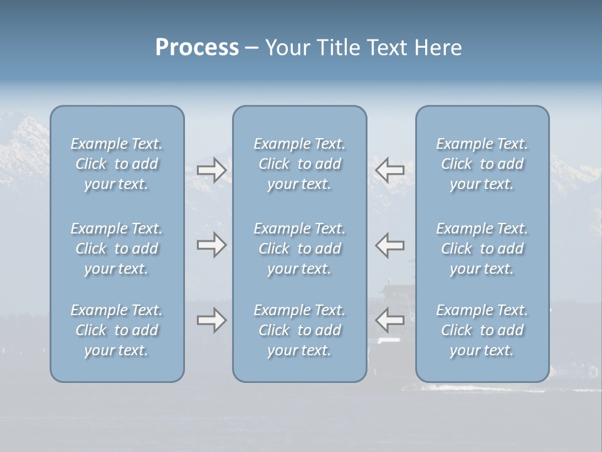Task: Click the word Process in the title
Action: [x=197, y=48]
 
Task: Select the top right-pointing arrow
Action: [x=211, y=169]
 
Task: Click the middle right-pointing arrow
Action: [x=211, y=245]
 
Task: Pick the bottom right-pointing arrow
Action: [x=211, y=320]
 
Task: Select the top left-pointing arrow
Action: [x=389, y=169]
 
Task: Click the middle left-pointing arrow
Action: [x=389, y=245]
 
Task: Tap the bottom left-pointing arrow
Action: [x=389, y=320]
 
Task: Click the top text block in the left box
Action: [x=117, y=164]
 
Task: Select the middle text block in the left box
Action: [x=117, y=249]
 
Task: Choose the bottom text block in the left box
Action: [x=117, y=330]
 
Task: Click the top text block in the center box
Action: [x=299, y=164]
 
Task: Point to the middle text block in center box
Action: [x=299, y=249]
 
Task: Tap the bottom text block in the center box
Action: [x=299, y=330]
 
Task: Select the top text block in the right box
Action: [x=482, y=164]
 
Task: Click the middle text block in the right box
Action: [x=482, y=249]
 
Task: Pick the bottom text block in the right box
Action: [x=482, y=330]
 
